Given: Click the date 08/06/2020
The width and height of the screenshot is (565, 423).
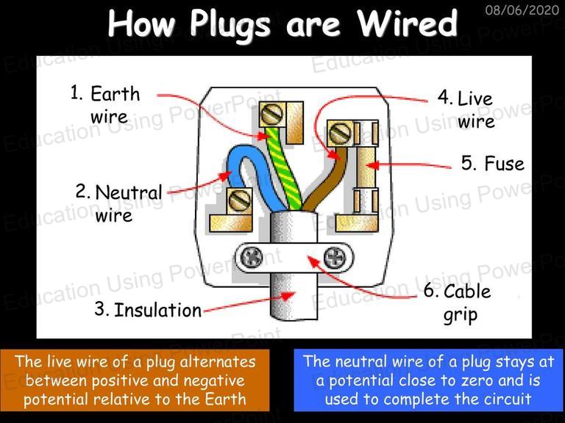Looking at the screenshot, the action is (x=522, y=10).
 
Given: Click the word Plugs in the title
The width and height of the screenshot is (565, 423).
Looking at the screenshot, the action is (x=230, y=24).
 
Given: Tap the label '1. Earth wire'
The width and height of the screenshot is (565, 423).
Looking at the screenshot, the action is (x=105, y=104).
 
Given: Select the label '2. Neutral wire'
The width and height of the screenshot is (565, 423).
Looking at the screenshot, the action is (x=119, y=203).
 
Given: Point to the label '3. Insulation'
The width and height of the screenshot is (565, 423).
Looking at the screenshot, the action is (x=148, y=310).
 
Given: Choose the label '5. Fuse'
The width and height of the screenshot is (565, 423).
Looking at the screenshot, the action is (x=493, y=163).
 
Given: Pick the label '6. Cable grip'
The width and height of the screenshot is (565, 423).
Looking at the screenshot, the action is (x=458, y=303).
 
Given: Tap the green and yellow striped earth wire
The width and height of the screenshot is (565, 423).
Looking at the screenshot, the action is (x=285, y=169).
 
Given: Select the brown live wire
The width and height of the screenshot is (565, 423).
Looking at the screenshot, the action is (x=326, y=180).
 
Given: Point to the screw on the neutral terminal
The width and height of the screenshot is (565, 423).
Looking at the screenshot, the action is (x=240, y=200).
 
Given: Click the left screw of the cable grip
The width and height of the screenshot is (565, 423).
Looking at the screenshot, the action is (x=251, y=258).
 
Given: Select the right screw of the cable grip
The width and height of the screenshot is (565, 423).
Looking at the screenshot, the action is (x=335, y=258).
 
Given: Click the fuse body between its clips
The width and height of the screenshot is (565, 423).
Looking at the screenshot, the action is (x=366, y=167).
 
